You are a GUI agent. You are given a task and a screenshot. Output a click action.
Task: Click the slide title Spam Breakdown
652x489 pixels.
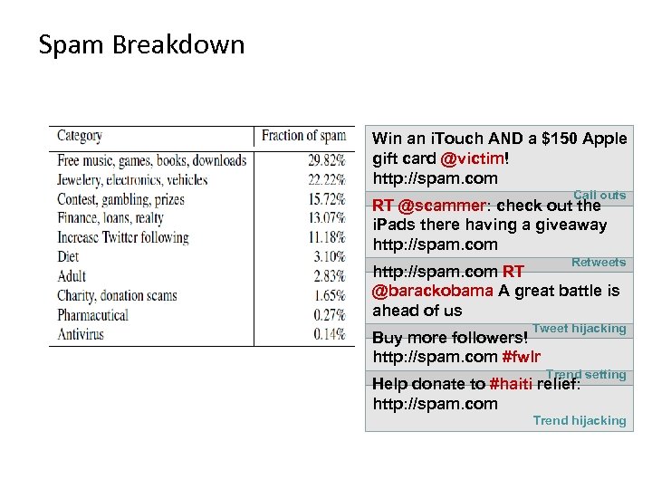point(141,44)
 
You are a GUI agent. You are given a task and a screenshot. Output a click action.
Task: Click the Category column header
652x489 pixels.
point(80,136)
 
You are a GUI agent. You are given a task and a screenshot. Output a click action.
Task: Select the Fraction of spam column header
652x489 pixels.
point(303,136)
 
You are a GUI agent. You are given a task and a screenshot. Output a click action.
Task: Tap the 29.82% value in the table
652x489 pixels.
point(327,160)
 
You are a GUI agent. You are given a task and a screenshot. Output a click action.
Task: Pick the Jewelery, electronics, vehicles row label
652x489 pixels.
point(132,179)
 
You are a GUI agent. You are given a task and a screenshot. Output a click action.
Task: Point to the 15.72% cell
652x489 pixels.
point(327,199)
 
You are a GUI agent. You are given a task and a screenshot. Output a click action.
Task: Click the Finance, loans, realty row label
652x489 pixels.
point(110,218)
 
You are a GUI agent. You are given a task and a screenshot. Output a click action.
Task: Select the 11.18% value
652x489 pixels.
point(327,237)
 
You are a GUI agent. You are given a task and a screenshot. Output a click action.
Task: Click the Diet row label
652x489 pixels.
point(68,256)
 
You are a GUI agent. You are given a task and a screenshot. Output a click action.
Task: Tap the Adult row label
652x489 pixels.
point(72,276)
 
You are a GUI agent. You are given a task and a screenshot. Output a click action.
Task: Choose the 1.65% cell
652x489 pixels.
point(330,295)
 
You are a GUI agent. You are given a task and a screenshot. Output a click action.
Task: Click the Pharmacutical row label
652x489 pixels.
point(93,314)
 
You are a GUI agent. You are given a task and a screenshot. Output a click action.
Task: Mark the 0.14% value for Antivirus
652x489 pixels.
point(330,334)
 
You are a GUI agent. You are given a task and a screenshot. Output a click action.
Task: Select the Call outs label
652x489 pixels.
point(599,195)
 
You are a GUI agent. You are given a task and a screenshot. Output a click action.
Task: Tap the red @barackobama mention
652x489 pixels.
point(433,291)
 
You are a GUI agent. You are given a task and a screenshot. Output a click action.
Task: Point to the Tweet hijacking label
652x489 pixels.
point(580,328)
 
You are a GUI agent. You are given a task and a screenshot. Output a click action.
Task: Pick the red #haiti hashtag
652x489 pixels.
point(510,383)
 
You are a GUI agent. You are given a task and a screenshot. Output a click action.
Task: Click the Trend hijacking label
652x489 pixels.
point(580,420)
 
